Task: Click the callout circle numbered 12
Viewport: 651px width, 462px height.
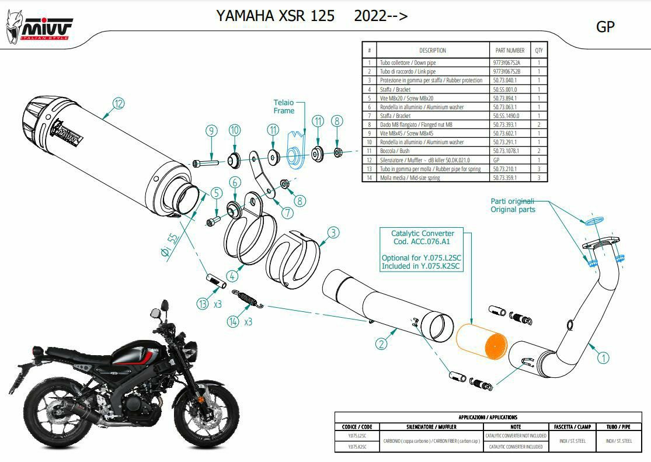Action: (x=119, y=104)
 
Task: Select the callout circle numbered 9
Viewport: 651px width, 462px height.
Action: (x=211, y=130)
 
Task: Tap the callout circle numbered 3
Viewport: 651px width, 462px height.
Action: (x=333, y=233)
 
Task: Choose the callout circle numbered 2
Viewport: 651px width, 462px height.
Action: (x=381, y=344)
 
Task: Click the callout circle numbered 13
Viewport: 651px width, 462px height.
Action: (x=203, y=304)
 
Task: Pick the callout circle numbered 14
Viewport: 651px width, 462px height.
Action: (x=234, y=321)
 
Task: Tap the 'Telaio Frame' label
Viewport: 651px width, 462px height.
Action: (x=284, y=106)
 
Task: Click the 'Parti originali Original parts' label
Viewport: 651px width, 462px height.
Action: (x=513, y=205)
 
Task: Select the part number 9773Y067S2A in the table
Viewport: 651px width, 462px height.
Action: (x=507, y=62)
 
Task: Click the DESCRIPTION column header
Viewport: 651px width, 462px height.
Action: (x=432, y=50)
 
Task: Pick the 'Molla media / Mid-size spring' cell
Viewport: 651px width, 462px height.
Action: (x=410, y=178)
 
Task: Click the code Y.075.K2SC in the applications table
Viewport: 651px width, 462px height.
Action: (x=357, y=446)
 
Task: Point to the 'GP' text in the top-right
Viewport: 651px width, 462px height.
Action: (x=605, y=27)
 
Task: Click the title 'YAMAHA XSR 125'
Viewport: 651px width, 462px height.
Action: (x=275, y=16)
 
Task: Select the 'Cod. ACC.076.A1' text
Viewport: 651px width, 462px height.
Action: (x=423, y=241)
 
